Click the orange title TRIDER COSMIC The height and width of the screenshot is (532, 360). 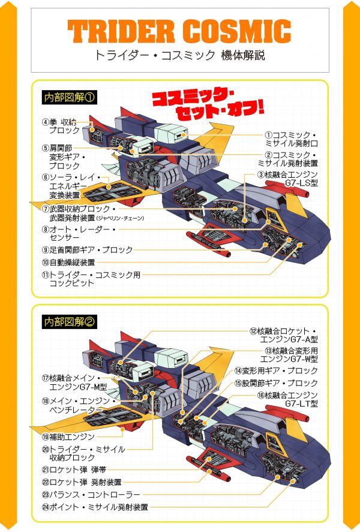coord(179,31)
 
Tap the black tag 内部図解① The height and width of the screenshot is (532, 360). coord(69,97)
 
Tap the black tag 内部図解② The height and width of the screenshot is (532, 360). coord(69,322)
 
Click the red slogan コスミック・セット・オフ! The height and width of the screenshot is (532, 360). coord(208,104)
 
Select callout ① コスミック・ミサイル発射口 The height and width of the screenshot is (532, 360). coord(291,139)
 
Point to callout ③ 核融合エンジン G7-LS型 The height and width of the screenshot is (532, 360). coord(287,179)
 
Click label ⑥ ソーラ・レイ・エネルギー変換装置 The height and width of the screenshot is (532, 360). coord(71,186)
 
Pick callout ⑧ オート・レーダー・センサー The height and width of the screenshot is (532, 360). coord(79,234)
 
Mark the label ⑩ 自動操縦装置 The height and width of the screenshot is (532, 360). coord(68,262)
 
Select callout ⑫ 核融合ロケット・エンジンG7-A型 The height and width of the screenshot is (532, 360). coord(284,335)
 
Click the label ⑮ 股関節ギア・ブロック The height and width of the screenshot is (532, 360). coord(276,383)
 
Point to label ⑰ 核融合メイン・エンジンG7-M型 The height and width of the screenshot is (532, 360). coord(74,382)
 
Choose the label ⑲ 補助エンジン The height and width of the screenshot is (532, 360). coord(68,437)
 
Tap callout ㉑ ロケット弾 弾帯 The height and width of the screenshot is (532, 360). coord(74,470)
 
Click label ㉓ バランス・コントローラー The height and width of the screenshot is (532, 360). coord(91,495)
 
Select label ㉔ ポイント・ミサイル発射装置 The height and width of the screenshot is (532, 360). coord(95,507)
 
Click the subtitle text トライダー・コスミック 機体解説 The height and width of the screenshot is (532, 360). coord(179,55)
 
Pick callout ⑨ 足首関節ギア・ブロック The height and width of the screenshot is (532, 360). coord(88,250)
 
